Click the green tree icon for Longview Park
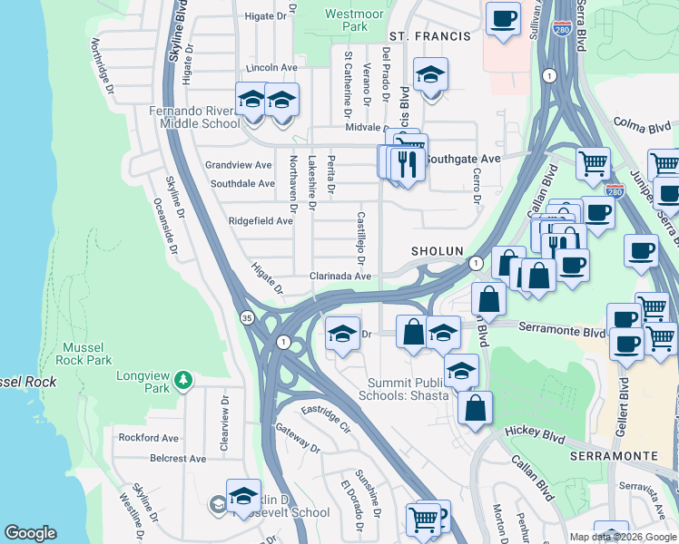coord(183,379)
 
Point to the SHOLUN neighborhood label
coord(438,251)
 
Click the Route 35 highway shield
coord(247,318)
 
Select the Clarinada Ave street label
coord(340,276)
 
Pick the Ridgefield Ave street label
coord(260,220)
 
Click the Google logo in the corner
coord(31,533)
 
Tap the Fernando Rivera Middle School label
coord(193,117)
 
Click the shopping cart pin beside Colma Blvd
coord(593,163)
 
